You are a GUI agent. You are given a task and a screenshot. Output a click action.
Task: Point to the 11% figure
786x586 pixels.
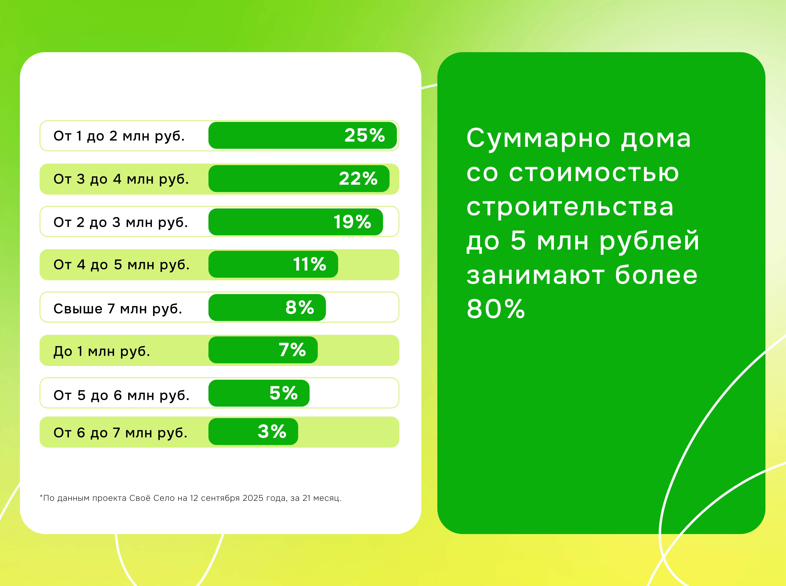tap(309, 264)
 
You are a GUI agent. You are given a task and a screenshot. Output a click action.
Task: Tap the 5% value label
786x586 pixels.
tap(283, 393)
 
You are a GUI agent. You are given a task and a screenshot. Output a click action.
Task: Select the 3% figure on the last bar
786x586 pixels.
tap(272, 432)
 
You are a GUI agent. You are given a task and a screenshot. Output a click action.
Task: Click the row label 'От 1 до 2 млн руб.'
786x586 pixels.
tap(119, 136)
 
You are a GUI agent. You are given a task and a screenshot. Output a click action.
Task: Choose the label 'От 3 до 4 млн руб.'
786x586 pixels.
tap(121, 179)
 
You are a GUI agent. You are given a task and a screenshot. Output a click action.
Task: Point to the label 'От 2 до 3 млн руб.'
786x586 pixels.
tap(121, 222)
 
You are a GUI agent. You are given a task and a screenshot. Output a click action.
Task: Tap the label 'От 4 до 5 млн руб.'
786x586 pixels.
tap(121, 265)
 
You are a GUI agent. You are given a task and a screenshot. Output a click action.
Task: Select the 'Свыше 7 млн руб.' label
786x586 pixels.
tap(118, 309)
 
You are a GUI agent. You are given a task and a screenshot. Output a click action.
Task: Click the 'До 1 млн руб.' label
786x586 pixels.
tap(102, 351)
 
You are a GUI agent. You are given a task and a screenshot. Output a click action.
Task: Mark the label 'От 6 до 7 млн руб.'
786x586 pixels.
tap(120, 433)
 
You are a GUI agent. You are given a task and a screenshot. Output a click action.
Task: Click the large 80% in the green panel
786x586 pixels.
tap(495, 309)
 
